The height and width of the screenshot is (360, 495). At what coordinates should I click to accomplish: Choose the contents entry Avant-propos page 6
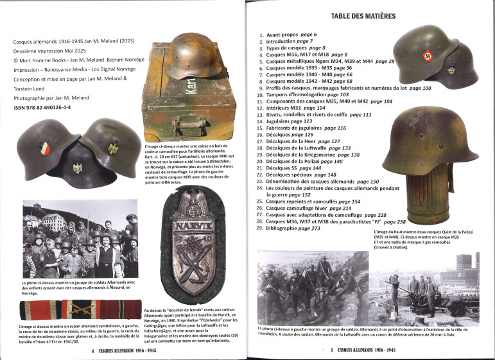(291, 34)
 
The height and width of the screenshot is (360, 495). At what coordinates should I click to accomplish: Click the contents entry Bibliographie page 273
(301, 228)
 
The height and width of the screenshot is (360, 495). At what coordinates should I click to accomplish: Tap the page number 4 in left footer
(94, 350)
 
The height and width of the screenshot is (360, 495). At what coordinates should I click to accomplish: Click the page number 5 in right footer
(323, 350)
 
